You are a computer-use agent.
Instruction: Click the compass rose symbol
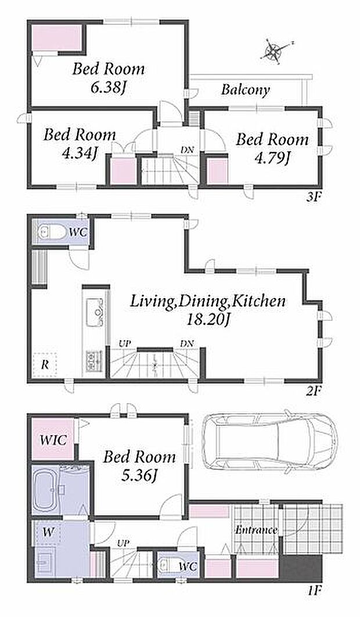coord(274,51)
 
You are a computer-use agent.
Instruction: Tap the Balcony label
coord(246,89)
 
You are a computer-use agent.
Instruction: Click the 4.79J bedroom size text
coord(272,158)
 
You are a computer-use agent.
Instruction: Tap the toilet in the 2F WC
coord(51,232)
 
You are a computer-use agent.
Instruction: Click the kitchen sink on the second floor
coord(95,312)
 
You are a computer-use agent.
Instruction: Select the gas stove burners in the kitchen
coord(95,359)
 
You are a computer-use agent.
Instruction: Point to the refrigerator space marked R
coord(45,365)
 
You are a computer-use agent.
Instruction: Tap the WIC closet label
coord(53,440)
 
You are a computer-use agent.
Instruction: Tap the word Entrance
coord(256,530)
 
